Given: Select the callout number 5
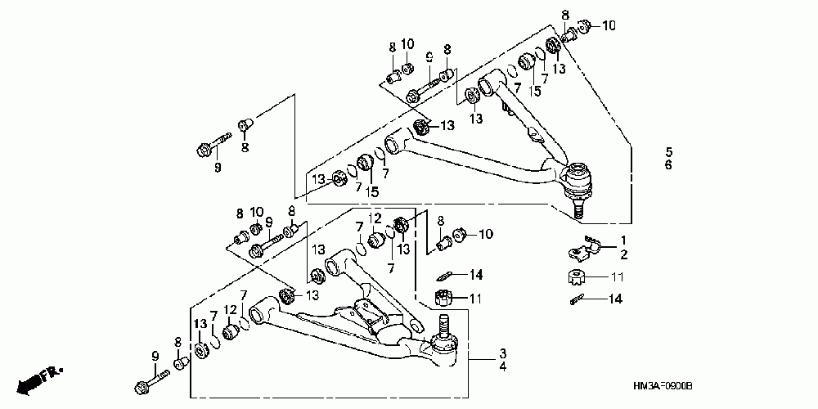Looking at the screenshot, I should click(668, 152).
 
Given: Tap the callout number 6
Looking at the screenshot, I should click(668, 165).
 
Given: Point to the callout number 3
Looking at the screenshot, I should click(503, 353).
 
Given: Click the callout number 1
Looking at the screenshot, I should click(622, 240).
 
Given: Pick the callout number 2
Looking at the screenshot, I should click(622, 254).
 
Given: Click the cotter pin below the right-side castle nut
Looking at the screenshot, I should click(577, 299).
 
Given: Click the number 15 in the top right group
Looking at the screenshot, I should click(534, 91).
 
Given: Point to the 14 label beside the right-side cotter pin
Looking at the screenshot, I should click(614, 299).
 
